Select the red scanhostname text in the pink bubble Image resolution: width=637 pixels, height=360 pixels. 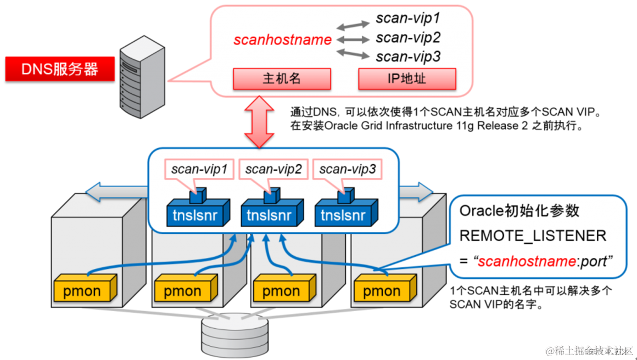[282, 40]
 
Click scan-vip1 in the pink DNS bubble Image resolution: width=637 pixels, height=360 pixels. [408, 18]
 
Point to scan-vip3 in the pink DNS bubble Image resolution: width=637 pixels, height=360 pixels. [408, 57]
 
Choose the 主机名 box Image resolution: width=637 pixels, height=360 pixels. [282, 78]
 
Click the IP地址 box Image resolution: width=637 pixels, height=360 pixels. [407, 78]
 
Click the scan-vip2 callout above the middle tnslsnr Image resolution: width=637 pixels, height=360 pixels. [273, 170]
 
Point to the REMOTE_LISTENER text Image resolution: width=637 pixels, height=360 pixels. [532, 236]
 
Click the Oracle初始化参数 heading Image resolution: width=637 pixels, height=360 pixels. [519, 211]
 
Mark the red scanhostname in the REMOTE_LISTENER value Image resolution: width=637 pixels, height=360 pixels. [518, 261]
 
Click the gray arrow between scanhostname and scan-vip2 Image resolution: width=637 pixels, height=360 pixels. [353, 39]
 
